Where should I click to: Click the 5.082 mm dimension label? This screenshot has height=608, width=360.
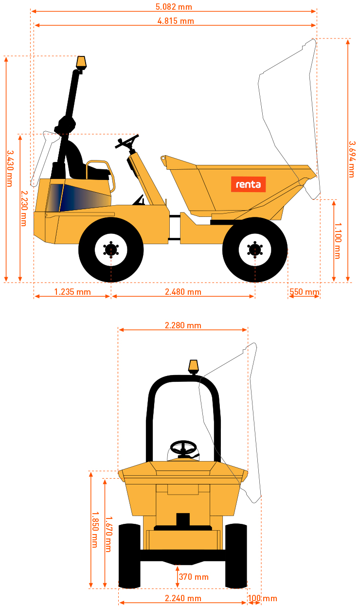(x=174, y=7)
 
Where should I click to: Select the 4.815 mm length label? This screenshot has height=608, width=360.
(x=176, y=21)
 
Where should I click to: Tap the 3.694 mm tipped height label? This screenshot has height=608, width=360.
(x=352, y=159)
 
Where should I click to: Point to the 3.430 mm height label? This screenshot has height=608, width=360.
(x=10, y=169)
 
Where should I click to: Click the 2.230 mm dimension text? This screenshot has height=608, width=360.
(x=24, y=208)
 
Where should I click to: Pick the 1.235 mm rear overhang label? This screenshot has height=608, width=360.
(x=72, y=292)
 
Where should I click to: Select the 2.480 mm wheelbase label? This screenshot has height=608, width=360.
(x=183, y=292)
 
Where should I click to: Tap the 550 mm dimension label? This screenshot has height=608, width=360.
(x=305, y=292)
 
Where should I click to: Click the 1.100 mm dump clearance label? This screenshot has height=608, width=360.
(x=338, y=241)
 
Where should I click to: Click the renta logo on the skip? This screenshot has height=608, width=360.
(x=248, y=184)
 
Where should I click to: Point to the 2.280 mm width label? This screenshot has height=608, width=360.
(x=183, y=325)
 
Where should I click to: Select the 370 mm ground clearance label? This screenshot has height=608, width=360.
(x=194, y=577)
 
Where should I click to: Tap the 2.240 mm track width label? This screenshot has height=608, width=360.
(x=183, y=598)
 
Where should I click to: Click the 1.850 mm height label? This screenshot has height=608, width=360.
(x=95, y=530)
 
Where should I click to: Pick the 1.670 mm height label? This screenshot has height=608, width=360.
(x=108, y=534)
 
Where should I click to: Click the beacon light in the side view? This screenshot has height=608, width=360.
(x=81, y=63)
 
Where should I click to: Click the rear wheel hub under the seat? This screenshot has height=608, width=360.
(x=111, y=250)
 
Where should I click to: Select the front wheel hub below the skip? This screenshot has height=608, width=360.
(x=254, y=250)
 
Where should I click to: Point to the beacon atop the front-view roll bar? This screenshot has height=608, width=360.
(x=193, y=367)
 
